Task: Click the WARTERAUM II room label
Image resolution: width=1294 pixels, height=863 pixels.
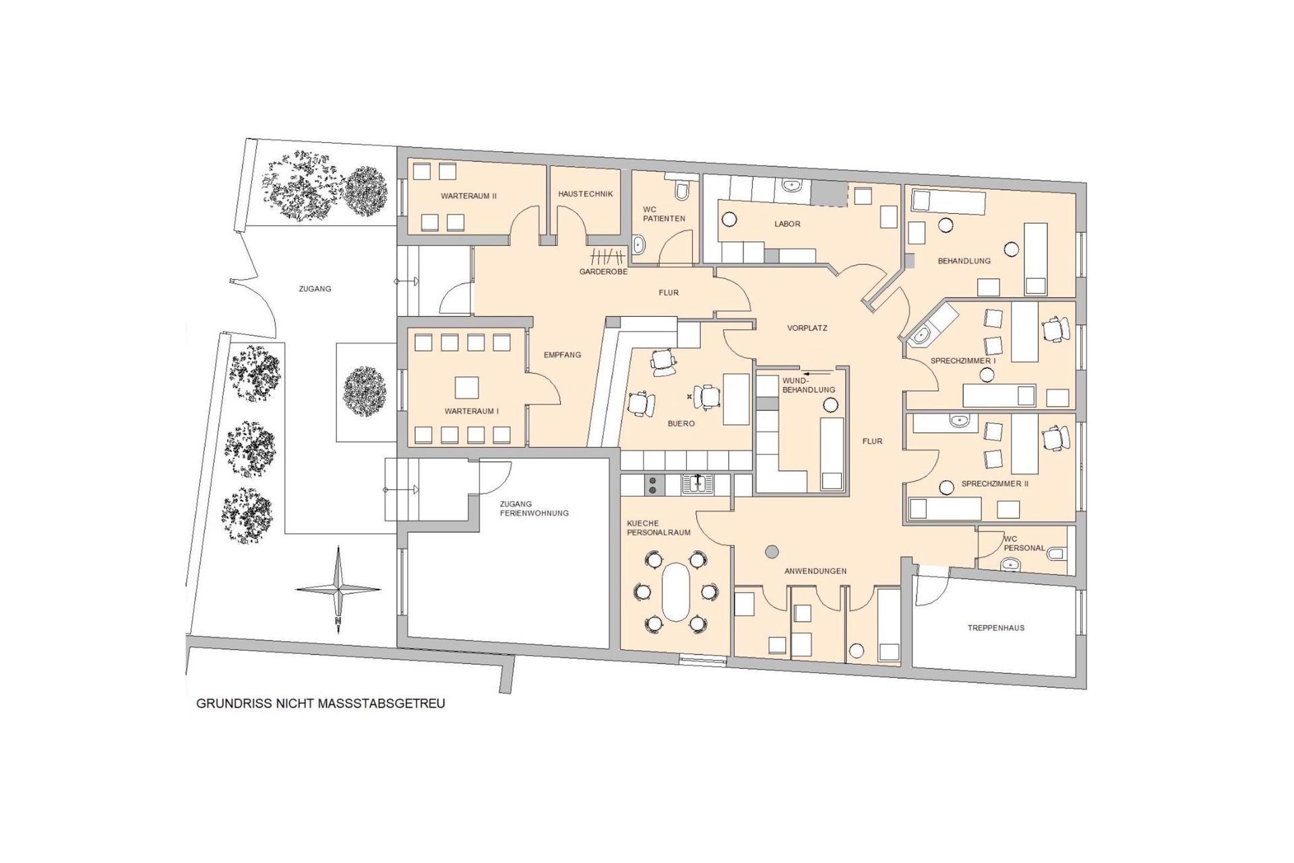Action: click(x=468, y=196)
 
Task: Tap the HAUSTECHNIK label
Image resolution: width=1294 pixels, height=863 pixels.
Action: click(x=585, y=194)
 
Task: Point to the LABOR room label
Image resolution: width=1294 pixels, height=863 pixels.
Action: click(x=787, y=224)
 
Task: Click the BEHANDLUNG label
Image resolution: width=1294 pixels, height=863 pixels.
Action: click(x=964, y=261)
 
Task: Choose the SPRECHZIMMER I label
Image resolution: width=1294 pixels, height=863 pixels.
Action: click(x=963, y=361)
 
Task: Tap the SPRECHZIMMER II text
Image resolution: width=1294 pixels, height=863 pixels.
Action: click(x=995, y=484)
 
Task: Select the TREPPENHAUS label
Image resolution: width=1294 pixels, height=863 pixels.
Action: click(x=996, y=628)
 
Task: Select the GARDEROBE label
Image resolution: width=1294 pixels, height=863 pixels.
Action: click(x=604, y=272)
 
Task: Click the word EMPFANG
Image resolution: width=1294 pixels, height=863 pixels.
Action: click(x=562, y=355)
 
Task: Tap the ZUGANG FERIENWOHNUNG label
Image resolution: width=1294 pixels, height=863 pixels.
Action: click(x=534, y=508)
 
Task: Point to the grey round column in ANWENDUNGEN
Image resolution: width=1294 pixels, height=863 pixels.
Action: click(x=772, y=552)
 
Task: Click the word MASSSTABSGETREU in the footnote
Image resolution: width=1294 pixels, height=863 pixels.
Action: click(x=388, y=703)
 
